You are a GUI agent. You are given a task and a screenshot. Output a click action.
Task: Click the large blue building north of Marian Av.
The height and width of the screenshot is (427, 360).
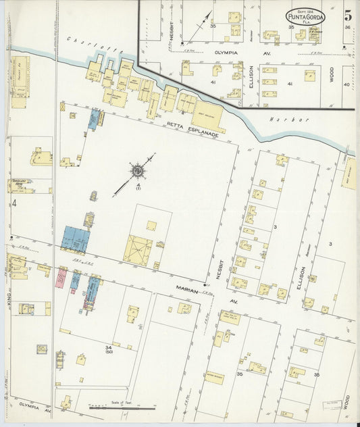click(x=76, y=239)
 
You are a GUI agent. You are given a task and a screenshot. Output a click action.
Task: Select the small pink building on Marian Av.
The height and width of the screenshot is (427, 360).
click(x=61, y=277)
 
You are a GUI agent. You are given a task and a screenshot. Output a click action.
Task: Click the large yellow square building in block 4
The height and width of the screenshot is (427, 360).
click(x=138, y=251)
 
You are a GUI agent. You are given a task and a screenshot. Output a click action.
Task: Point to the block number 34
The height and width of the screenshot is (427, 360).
click(x=108, y=347)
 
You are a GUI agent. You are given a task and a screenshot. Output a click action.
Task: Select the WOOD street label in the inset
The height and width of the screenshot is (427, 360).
click(x=332, y=74)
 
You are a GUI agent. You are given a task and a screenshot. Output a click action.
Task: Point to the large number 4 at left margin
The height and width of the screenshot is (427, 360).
click(x=13, y=203)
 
